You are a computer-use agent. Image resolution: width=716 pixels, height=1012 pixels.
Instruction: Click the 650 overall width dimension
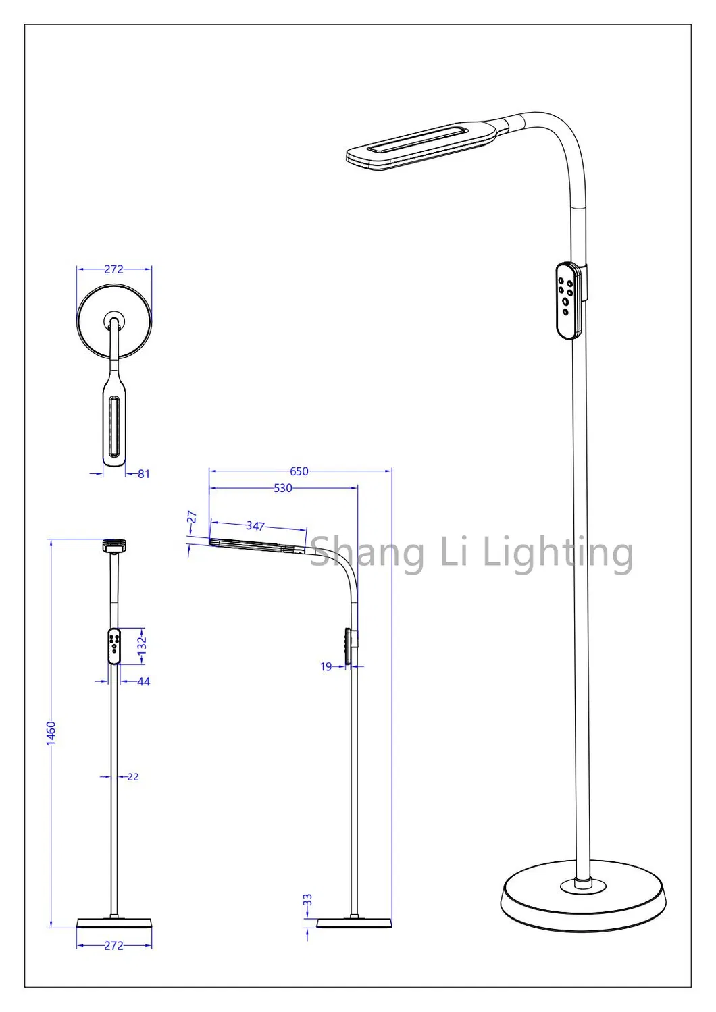[x=299, y=471]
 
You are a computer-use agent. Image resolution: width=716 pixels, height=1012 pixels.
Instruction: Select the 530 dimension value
[x=282, y=488]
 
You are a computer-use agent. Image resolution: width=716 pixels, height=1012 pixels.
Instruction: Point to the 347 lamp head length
[x=255, y=526]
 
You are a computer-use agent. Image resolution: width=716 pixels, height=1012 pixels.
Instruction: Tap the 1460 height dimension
[x=51, y=734]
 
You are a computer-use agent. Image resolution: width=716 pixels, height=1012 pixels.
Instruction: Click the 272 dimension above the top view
[x=113, y=269]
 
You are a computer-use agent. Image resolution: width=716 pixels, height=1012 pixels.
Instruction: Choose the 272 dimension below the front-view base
[x=113, y=946]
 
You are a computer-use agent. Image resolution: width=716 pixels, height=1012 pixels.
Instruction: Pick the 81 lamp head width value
[x=143, y=474]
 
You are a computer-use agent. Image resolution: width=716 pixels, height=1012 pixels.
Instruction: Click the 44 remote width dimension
[x=143, y=682]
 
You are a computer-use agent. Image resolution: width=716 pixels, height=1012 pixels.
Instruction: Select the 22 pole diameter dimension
[x=133, y=777]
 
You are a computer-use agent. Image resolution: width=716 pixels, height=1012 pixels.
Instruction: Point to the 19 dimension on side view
[x=326, y=667]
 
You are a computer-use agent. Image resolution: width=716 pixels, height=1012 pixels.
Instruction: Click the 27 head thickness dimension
[x=192, y=518]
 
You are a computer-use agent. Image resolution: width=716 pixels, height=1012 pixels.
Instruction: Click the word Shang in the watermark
[x=367, y=553]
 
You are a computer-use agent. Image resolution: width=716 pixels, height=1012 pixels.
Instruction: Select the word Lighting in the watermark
[x=558, y=553]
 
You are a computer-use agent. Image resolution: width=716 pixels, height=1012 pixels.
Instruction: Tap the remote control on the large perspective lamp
[x=569, y=300]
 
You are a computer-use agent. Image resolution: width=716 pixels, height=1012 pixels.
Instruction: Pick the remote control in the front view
[x=114, y=646]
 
